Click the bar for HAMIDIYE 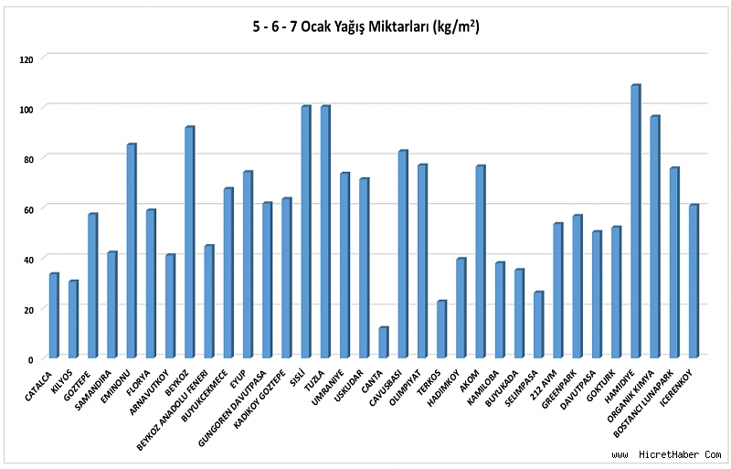(x=635, y=221)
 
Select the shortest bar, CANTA (x=383, y=343)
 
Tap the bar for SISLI (x=306, y=232)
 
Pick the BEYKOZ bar (x=190, y=242)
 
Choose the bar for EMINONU (x=132, y=251)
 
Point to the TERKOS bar (x=441, y=329)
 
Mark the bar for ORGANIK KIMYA (x=655, y=237)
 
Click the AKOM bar (x=481, y=261)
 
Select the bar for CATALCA (x=54, y=315)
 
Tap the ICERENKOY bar (x=694, y=282)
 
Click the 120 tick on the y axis (x=26, y=59)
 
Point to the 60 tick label (x=28, y=210)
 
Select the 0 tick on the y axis (x=31, y=360)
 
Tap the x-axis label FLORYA (x=139, y=382)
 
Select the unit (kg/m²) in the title (x=456, y=27)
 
